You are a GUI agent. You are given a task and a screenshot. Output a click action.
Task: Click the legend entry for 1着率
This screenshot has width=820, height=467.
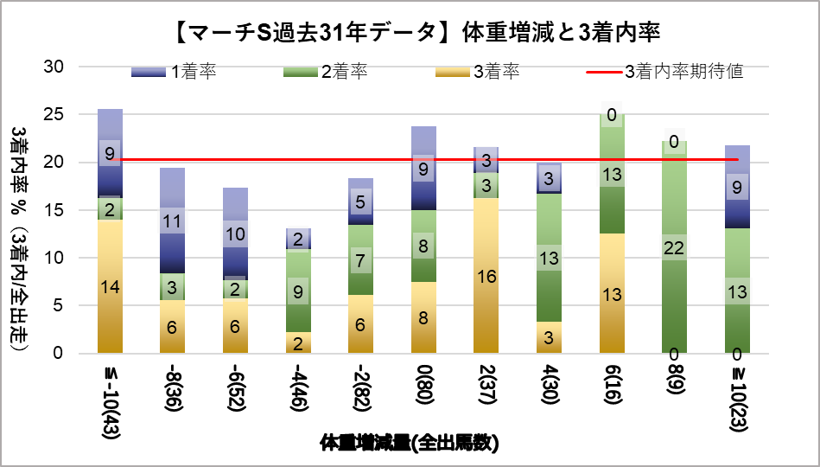point(174,72)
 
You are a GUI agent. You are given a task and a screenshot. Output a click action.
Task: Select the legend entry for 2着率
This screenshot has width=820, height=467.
point(324,72)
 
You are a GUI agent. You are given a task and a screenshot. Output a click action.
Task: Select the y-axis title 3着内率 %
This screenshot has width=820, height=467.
point(20,233)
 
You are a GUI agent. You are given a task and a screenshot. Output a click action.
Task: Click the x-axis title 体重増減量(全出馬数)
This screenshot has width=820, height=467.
point(410,444)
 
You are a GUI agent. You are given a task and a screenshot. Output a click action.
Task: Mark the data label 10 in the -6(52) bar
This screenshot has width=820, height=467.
point(235,233)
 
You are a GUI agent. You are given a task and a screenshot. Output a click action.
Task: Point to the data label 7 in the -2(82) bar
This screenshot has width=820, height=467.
point(361,260)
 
